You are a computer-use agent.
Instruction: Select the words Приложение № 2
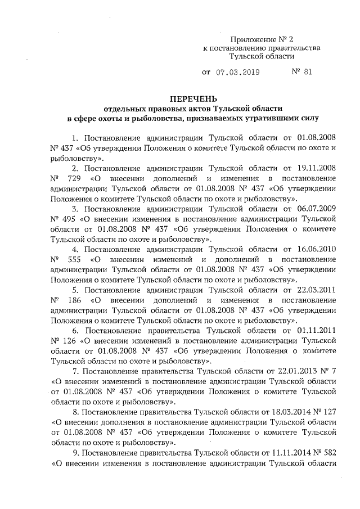pyautogui.click(x=262, y=39)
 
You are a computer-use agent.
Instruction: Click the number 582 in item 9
pyautogui.click(x=328, y=453)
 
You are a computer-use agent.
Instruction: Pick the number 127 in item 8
pyautogui.click(x=328, y=413)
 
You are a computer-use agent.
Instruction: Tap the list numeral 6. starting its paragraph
pyautogui.click(x=74, y=331)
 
